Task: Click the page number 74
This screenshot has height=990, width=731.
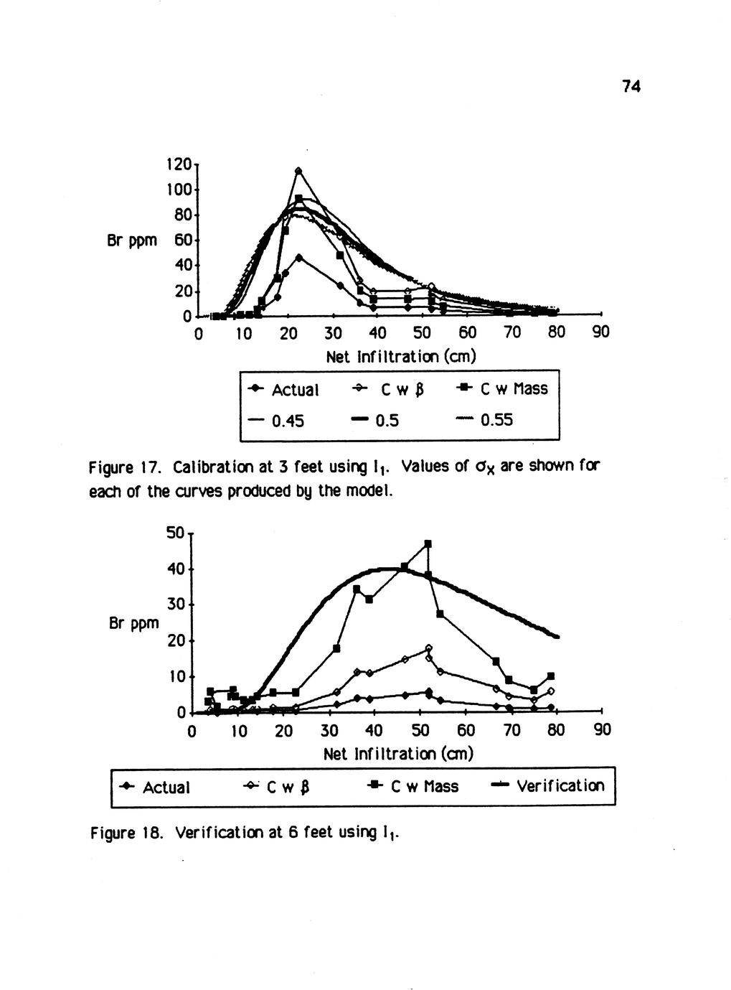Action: pyautogui.click(x=631, y=87)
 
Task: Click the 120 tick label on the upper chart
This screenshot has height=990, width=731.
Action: pyautogui.click(x=178, y=164)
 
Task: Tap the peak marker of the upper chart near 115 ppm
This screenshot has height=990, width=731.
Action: pyautogui.click(x=298, y=171)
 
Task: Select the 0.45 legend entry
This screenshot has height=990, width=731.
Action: pyautogui.click(x=277, y=420)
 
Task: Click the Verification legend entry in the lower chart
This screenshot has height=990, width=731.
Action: pyautogui.click(x=549, y=786)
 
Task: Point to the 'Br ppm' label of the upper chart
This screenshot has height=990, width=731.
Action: pyautogui.click(x=131, y=240)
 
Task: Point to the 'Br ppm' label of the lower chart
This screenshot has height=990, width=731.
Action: pyautogui.click(x=133, y=623)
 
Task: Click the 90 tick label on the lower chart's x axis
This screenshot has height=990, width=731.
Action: pyautogui.click(x=603, y=731)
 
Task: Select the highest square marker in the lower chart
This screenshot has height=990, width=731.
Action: pyautogui.click(x=428, y=544)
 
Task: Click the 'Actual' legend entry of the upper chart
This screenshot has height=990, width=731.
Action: pyautogui.click(x=283, y=390)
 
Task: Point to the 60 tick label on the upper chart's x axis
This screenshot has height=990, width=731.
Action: pyautogui.click(x=467, y=333)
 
